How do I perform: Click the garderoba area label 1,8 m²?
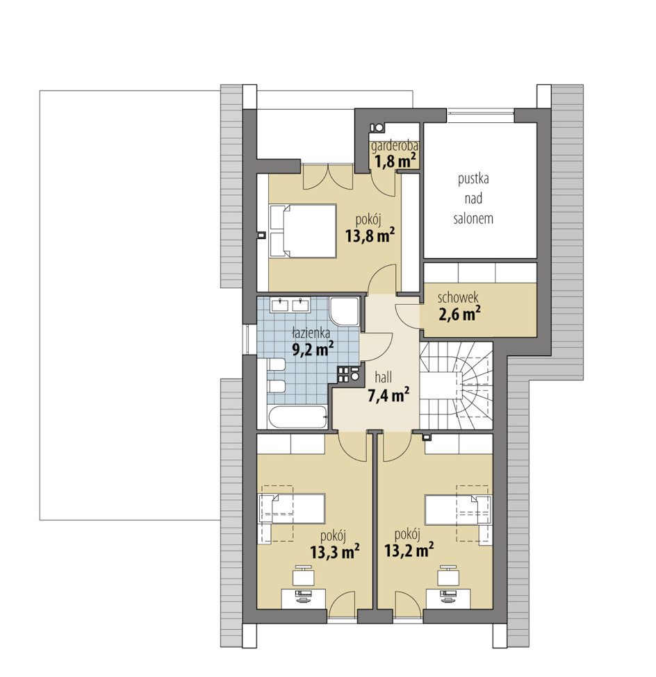click(395, 162)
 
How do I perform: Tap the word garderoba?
click(395, 147)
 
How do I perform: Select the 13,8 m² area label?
click(370, 236)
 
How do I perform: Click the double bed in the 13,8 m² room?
click(303, 231)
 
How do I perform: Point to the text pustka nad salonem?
click(473, 199)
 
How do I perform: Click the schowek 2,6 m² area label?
click(460, 314)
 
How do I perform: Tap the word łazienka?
click(311, 333)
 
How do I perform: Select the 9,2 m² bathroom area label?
click(313, 349)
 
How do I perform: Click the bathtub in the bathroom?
click(297, 417)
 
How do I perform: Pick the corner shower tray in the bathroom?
click(344, 311)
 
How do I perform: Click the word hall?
click(384, 377)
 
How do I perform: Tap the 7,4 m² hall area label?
click(388, 394)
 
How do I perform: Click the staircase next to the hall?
click(457, 385)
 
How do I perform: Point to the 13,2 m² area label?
click(409, 551)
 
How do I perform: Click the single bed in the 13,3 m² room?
click(292, 509)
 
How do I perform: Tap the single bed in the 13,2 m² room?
click(458, 510)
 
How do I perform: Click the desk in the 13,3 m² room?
click(304, 599)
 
